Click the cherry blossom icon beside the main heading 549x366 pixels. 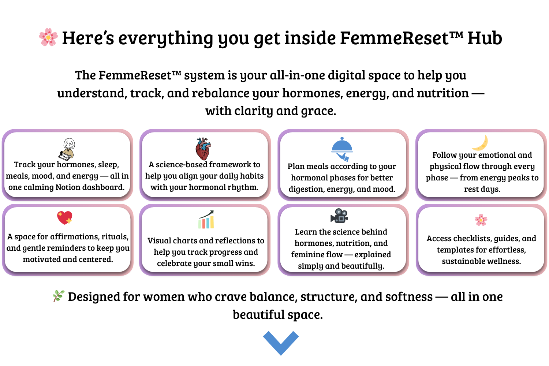pyautogui.click(x=48, y=37)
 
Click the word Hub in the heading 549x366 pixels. pyautogui.click(x=485, y=38)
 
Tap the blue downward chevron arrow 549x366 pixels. pyautogui.click(x=281, y=343)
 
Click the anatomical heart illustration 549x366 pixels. pyautogui.click(x=203, y=149)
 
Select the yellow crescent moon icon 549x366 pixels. pyautogui.click(x=480, y=143)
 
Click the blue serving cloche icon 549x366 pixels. pyautogui.click(x=342, y=149)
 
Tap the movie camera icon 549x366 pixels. pyautogui.click(x=339, y=216)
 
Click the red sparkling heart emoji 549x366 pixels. pyautogui.click(x=65, y=218)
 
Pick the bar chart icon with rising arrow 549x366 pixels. pyautogui.click(x=206, y=219)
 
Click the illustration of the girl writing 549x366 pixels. pyautogui.click(x=67, y=149)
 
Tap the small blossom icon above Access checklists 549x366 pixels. pyautogui.click(x=481, y=220)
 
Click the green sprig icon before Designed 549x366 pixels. pyautogui.click(x=59, y=296)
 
